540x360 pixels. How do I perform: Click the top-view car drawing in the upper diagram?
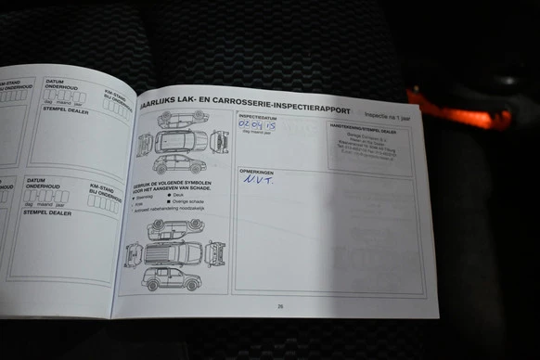183,140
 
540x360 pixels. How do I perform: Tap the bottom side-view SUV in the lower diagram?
171,279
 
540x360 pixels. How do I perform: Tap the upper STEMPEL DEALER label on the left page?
65,109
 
